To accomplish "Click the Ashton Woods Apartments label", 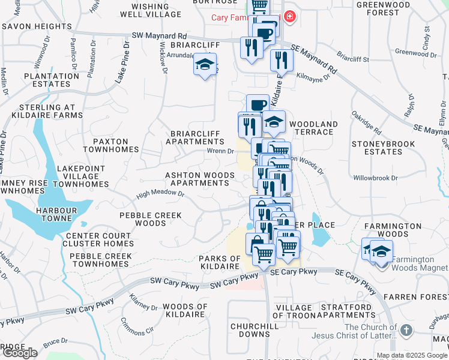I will click(200, 178).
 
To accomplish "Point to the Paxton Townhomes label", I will click(111, 145).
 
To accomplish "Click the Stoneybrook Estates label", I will click(377, 148).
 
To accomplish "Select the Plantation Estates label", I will click(52, 80).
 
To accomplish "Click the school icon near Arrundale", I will click(205, 64).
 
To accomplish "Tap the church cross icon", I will click(406, 330).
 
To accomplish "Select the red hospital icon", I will click(291, 16).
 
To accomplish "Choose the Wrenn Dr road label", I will click(220, 151).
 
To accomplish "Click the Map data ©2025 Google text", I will click(412, 355).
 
